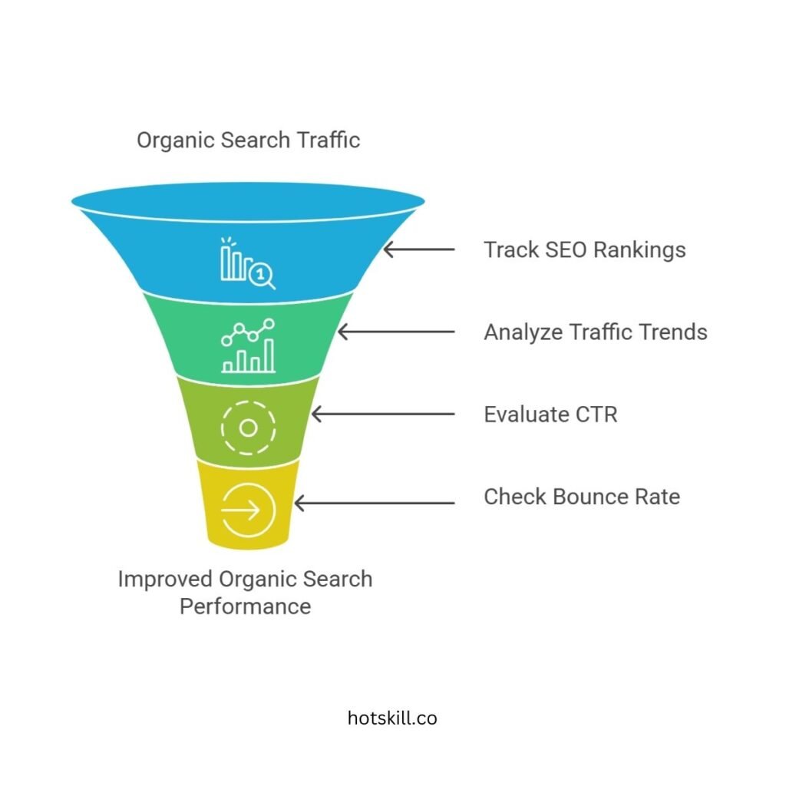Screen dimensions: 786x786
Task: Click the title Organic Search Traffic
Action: pyautogui.click(x=248, y=140)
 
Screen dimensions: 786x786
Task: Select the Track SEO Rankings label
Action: pyautogui.click(x=584, y=249)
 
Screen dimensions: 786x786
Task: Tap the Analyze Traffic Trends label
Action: pyautogui.click(x=595, y=332)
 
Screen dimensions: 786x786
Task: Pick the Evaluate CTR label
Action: pyautogui.click(x=550, y=414)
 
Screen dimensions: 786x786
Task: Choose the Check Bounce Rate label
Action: pyautogui.click(x=581, y=497)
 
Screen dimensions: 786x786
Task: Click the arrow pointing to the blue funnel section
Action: pyautogui.click(x=419, y=249)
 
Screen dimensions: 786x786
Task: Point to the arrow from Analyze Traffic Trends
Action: pyautogui.click(x=396, y=332)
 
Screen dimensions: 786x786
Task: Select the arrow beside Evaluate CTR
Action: pyautogui.click(x=382, y=414)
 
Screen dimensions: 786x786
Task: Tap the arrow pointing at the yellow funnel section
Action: pyautogui.click(x=375, y=504)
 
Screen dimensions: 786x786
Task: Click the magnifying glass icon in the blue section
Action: pyautogui.click(x=262, y=276)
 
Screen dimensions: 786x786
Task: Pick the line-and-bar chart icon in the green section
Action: pyautogui.click(x=248, y=346)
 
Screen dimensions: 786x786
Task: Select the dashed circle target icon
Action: pyautogui.click(x=248, y=428)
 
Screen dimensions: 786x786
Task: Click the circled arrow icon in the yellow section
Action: pyautogui.click(x=248, y=509)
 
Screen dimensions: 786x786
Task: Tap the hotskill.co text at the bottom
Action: pyautogui.click(x=392, y=718)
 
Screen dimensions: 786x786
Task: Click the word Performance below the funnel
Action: pyautogui.click(x=245, y=606)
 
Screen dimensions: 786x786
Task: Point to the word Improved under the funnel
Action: pyautogui.click(x=165, y=579)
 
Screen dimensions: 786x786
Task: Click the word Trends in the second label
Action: pyautogui.click(x=673, y=332)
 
